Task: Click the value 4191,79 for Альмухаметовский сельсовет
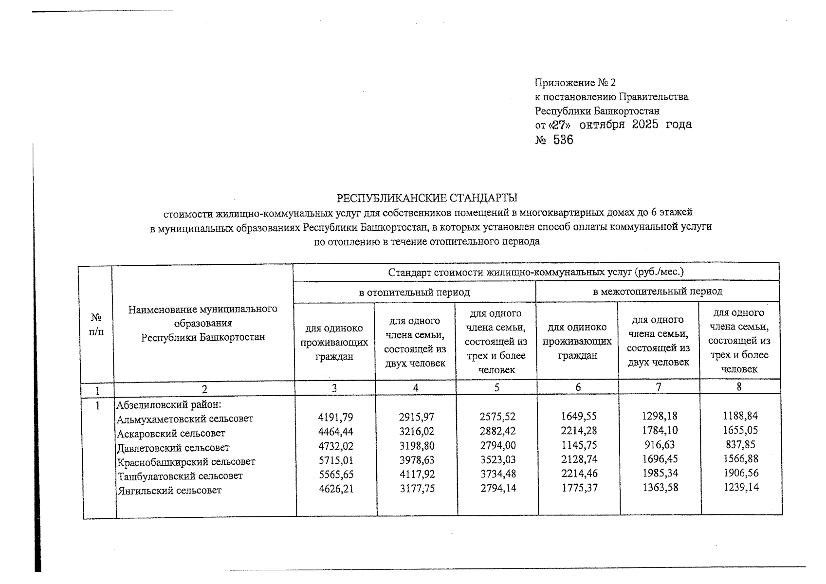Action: point(335,418)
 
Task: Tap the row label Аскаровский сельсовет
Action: point(171,433)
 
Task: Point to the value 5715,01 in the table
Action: point(335,460)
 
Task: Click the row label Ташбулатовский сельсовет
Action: point(180,476)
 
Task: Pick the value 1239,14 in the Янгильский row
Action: point(741,487)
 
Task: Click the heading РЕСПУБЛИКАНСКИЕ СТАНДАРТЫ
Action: point(427,198)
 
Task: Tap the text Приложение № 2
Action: point(575,83)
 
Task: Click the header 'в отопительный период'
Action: point(414,292)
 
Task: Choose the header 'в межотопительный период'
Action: point(657,292)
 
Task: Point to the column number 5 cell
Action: point(496,387)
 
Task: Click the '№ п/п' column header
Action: point(97,325)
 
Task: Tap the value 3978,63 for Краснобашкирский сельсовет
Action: point(416,460)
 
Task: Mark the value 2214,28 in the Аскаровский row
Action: point(578,431)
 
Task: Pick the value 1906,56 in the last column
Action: point(741,473)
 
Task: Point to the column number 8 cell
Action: point(739,387)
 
